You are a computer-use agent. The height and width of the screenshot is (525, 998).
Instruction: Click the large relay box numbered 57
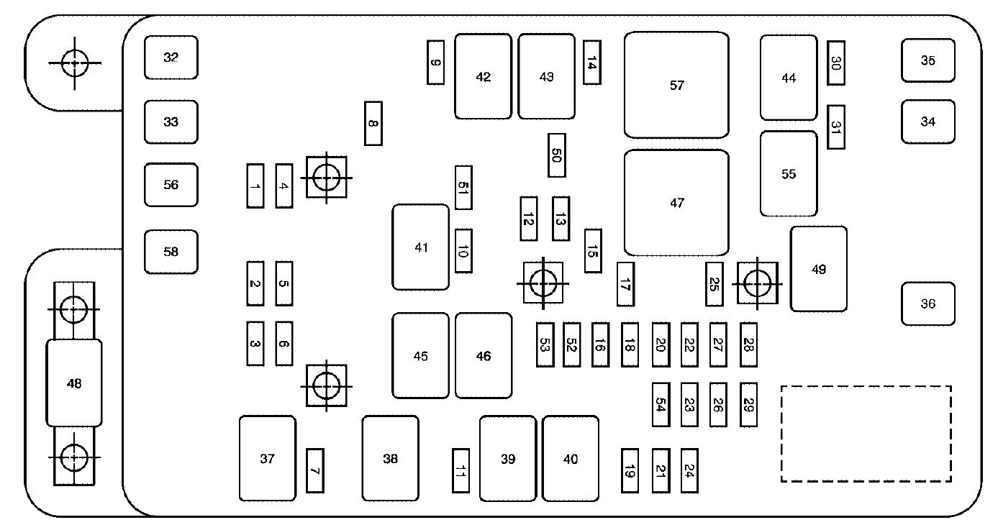pyautogui.click(x=676, y=85)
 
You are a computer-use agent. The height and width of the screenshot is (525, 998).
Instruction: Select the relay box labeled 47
pyautogui.click(x=676, y=203)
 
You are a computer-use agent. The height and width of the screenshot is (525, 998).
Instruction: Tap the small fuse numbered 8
pyautogui.click(x=373, y=124)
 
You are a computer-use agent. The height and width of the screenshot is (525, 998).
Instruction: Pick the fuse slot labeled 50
pyautogui.click(x=556, y=155)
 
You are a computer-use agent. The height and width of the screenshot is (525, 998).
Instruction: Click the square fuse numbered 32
pyautogui.click(x=171, y=58)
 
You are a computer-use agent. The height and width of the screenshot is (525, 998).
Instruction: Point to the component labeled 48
pyautogui.click(x=74, y=383)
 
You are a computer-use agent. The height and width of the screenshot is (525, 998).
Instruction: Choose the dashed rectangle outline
pyautogui.click(x=866, y=434)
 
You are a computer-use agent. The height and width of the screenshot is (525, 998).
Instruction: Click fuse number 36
pyautogui.click(x=927, y=303)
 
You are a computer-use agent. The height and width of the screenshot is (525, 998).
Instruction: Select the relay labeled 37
pyautogui.click(x=268, y=458)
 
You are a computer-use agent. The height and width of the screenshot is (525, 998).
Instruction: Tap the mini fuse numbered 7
pyautogui.click(x=315, y=470)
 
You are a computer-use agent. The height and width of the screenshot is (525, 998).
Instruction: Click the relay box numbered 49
pyautogui.click(x=818, y=269)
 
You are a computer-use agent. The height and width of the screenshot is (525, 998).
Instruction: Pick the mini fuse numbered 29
pyautogui.click(x=748, y=405)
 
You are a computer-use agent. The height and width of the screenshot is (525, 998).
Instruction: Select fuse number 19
pyautogui.click(x=630, y=470)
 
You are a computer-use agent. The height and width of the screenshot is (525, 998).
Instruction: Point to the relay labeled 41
pyautogui.click(x=421, y=247)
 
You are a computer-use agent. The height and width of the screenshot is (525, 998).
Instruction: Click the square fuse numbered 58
pyautogui.click(x=171, y=252)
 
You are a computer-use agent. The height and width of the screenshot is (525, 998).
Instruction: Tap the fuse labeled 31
pyautogui.click(x=835, y=127)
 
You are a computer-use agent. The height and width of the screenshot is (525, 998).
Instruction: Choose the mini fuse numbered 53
pyautogui.click(x=545, y=344)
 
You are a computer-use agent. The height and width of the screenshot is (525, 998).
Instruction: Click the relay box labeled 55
pyautogui.click(x=789, y=173)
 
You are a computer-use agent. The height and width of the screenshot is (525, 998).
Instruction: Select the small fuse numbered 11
pyautogui.click(x=461, y=470)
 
